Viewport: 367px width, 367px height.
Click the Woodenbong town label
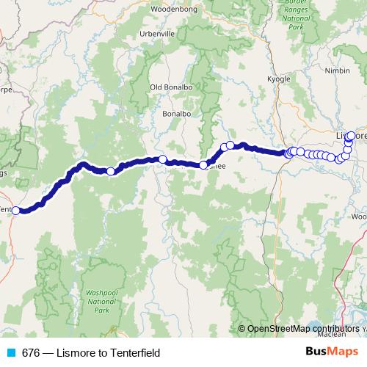click(x=170, y=9)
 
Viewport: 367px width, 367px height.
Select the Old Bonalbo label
click(x=170, y=87)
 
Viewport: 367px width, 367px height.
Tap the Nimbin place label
click(x=338, y=71)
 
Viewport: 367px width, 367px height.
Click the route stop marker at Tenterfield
click(x=16, y=211)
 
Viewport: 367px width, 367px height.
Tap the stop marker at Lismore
click(x=351, y=135)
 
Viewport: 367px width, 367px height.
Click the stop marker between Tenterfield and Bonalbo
click(x=111, y=171)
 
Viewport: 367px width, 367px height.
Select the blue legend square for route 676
click(x=9, y=353)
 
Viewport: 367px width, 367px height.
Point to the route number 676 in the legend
click(x=31, y=353)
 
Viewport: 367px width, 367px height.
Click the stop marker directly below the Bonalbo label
click(x=162, y=159)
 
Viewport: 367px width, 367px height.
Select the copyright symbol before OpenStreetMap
click(x=242, y=328)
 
